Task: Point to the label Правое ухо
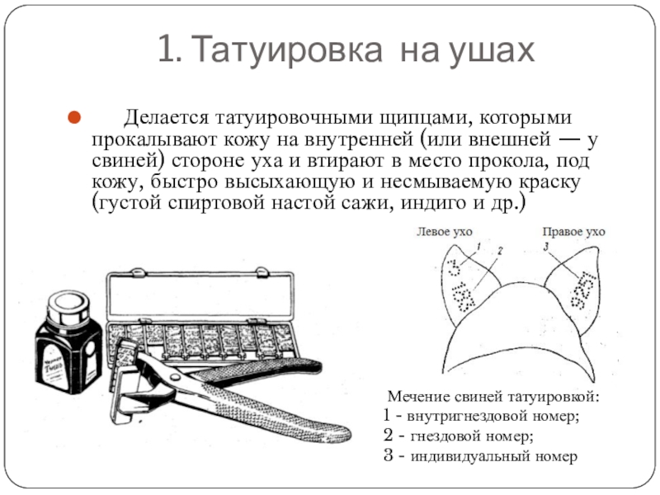(573, 233)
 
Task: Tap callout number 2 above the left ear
(500, 250)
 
